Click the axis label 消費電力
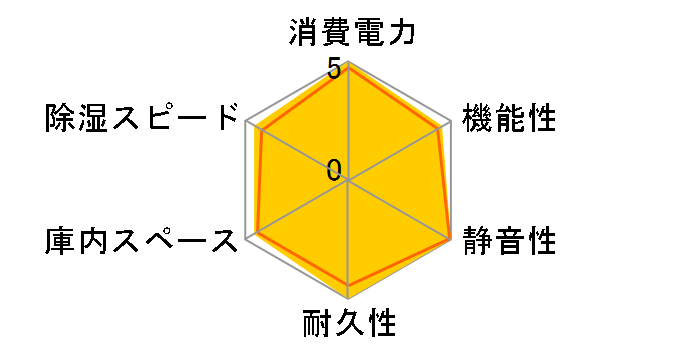(349, 33)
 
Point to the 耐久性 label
(349, 325)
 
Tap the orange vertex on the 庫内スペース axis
(258, 233)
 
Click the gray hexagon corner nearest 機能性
(451, 122)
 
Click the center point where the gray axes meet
(349, 181)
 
